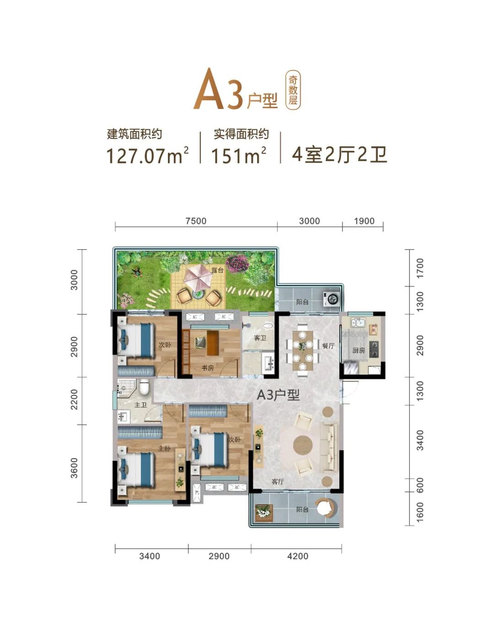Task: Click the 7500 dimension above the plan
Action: click(x=196, y=221)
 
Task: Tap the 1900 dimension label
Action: click(x=364, y=221)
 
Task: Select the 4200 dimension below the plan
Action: click(x=297, y=556)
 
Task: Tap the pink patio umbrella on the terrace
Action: click(x=199, y=280)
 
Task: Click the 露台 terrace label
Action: click(x=218, y=270)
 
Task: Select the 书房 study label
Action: click(x=208, y=368)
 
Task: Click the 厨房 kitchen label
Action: click(x=358, y=350)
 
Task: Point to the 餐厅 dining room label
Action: click(x=328, y=345)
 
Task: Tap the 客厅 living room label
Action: click(x=278, y=482)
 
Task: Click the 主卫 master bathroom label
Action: click(x=140, y=405)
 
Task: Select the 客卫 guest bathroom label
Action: click(x=260, y=338)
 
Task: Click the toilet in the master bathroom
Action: click(x=145, y=387)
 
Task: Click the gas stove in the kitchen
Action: click(x=374, y=349)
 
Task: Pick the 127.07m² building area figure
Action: click(x=148, y=155)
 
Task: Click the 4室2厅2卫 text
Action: click(x=340, y=154)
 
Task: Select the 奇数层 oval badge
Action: click(x=293, y=90)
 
